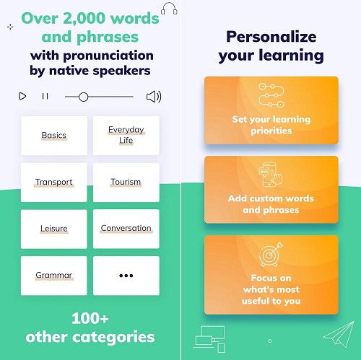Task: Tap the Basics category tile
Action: click(54, 136)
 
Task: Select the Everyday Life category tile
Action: click(126, 136)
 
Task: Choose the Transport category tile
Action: click(54, 183)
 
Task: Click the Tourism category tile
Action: click(126, 183)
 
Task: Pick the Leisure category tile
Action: click(54, 229)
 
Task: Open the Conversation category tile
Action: click(126, 229)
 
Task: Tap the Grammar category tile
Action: click(54, 276)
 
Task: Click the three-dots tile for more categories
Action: click(126, 276)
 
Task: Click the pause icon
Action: click(45, 96)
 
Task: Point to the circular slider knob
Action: click(83, 97)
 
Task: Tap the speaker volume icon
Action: click(154, 97)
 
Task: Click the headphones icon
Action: click(169, 9)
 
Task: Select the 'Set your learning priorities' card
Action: click(271, 110)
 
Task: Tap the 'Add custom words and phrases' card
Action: click(271, 190)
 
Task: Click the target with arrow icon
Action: click(271, 254)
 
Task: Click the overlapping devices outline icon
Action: click(209, 339)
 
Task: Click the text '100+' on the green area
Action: click(90, 318)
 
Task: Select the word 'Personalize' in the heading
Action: click(271, 37)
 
